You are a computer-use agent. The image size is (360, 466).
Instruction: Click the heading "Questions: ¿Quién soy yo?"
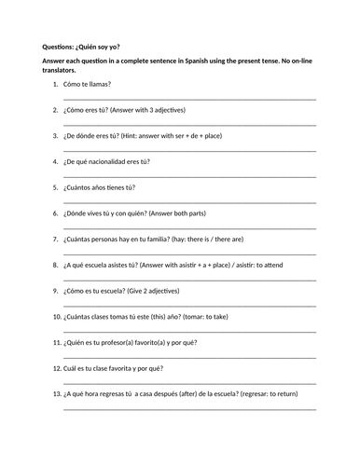[81, 48]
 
